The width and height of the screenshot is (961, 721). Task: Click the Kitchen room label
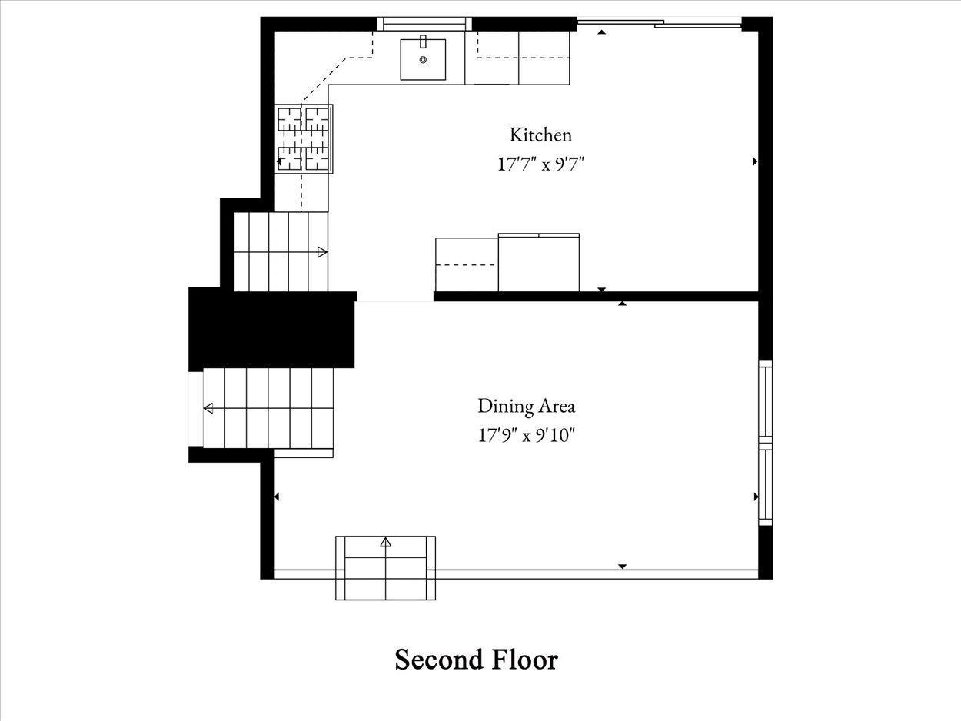tap(540, 135)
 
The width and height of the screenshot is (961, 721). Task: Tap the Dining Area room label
tap(527, 406)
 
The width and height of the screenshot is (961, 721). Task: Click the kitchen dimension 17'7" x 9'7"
tap(541, 164)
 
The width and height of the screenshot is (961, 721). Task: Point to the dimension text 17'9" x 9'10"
tap(527, 436)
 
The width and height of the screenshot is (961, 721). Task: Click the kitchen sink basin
tap(423, 60)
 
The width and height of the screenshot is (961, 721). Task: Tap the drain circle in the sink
tap(423, 59)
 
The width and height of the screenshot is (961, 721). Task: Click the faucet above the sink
tap(423, 42)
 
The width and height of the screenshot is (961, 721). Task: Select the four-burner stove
tap(304, 139)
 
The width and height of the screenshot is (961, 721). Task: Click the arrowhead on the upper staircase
tap(323, 252)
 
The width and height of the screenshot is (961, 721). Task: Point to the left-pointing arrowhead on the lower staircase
tap(208, 408)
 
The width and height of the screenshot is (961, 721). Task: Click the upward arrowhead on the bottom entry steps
tap(385, 542)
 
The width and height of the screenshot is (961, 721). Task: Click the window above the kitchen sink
tap(424, 24)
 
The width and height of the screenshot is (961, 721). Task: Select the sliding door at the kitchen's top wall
tap(660, 23)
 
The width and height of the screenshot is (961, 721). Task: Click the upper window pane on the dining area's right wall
tap(765, 401)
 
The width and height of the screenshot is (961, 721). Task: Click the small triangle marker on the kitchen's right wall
tap(755, 161)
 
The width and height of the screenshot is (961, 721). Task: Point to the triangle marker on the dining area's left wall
tap(277, 497)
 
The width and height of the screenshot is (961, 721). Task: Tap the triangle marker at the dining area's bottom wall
tap(622, 566)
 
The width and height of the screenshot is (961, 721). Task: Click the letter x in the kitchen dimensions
tap(546, 166)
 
